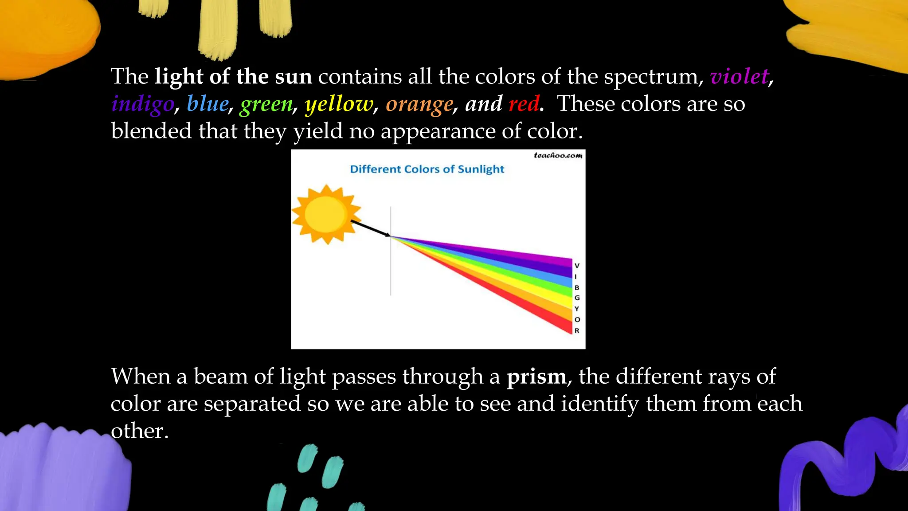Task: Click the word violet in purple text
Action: click(739, 76)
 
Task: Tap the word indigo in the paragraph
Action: click(143, 104)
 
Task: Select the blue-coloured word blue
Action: click(207, 104)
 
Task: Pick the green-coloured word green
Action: click(266, 105)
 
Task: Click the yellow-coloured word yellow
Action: click(339, 105)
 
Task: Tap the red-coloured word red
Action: click(524, 104)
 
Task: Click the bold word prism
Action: click(536, 377)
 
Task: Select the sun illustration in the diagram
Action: click(326, 214)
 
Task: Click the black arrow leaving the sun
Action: click(370, 228)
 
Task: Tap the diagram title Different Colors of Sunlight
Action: click(427, 169)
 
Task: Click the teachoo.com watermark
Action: click(558, 155)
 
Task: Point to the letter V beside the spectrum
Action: click(577, 266)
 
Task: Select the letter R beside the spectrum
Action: click(577, 330)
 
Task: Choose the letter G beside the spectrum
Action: click(577, 298)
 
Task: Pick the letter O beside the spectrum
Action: click(577, 319)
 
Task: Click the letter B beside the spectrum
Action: click(577, 287)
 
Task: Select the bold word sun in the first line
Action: click(293, 76)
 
